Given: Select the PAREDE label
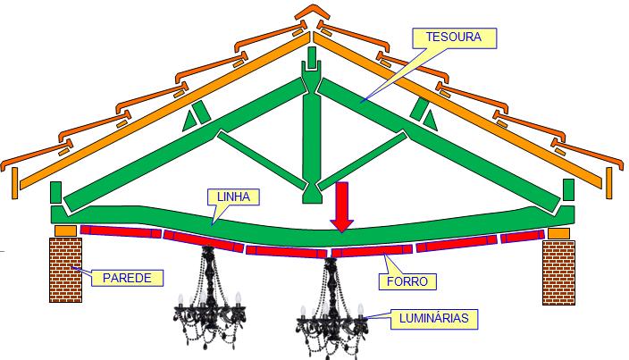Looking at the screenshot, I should [127, 277].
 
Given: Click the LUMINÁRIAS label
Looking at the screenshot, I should [434, 316].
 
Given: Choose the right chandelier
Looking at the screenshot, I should [331, 305].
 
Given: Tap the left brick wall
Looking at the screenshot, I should [63, 271].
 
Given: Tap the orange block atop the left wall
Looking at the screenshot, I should [65, 231].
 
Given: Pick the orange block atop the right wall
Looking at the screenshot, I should [558, 233].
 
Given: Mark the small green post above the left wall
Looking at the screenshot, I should [55, 192].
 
